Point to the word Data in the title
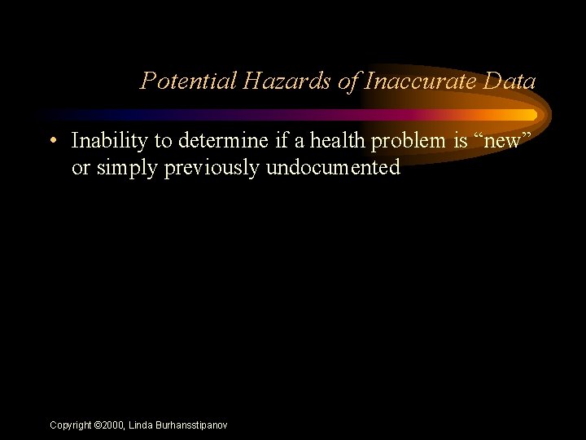[509, 81]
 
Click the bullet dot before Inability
[52, 141]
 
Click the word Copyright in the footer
[71, 425]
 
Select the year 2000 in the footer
[113, 425]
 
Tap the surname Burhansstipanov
[193, 425]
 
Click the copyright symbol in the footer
[98, 425]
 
